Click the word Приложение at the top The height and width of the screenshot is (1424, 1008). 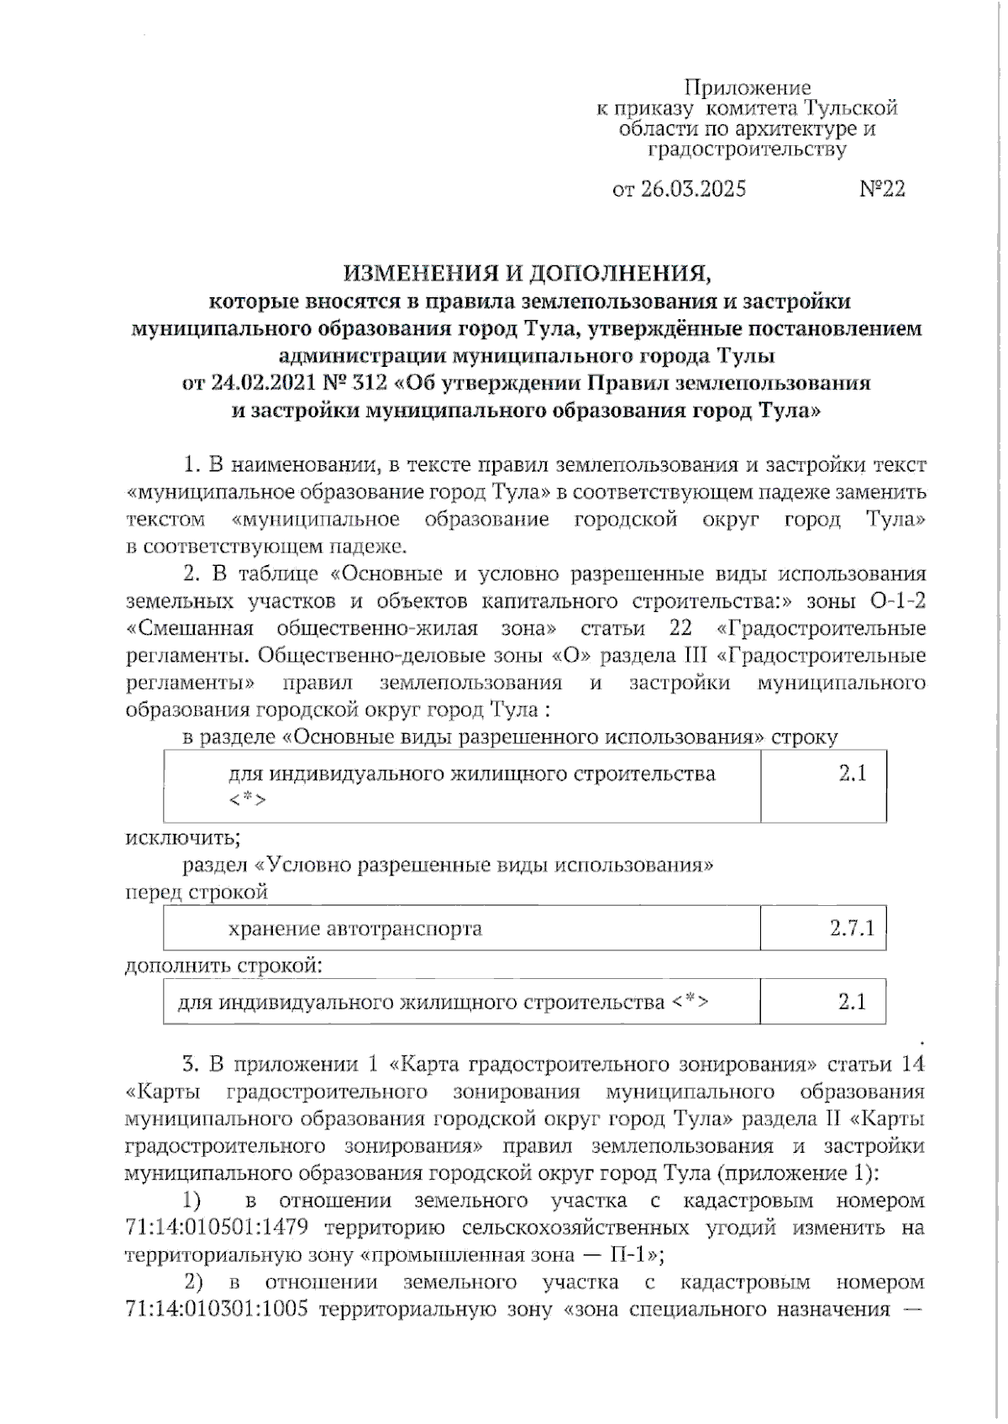click(747, 87)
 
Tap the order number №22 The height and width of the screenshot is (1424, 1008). click(881, 189)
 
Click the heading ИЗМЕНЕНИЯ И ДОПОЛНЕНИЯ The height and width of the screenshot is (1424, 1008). click(527, 273)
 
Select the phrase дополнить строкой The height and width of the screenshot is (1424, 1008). click(223, 966)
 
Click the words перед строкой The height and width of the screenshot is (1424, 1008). click(196, 892)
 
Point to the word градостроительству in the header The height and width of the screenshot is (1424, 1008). click(747, 149)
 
